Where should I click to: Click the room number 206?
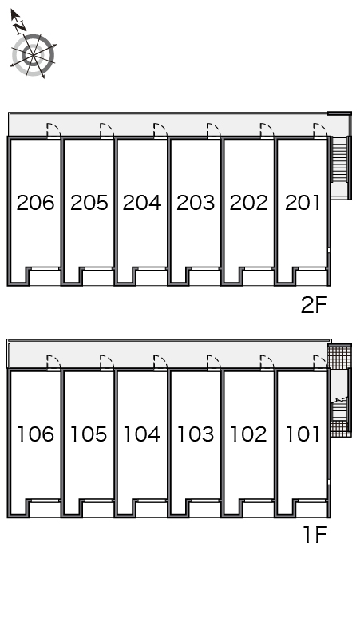click(x=35, y=203)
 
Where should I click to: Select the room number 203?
click(x=196, y=203)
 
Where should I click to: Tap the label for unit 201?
click(x=303, y=203)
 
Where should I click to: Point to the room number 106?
click(x=36, y=434)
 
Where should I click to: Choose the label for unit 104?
click(x=142, y=434)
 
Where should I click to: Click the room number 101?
click(x=303, y=434)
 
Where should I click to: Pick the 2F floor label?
click(x=314, y=305)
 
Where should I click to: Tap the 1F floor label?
click(x=315, y=535)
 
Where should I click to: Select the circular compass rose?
click(x=33, y=55)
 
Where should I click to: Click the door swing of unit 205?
click(x=107, y=130)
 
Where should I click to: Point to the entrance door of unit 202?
click(x=267, y=130)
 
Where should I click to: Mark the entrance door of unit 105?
click(x=107, y=362)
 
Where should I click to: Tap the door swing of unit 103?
click(x=214, y=362)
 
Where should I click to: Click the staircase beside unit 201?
click(x=339, y=159)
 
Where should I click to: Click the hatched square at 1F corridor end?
click(x=339, y=357)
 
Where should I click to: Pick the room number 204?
click(x=142, y=203)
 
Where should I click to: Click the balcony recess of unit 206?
click(x=45, y=278)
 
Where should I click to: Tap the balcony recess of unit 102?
click(x=259, y=509)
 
